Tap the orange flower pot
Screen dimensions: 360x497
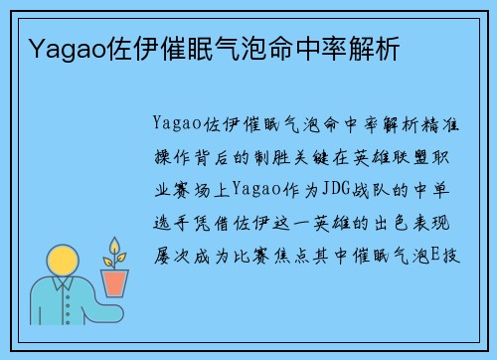(115, 281)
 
